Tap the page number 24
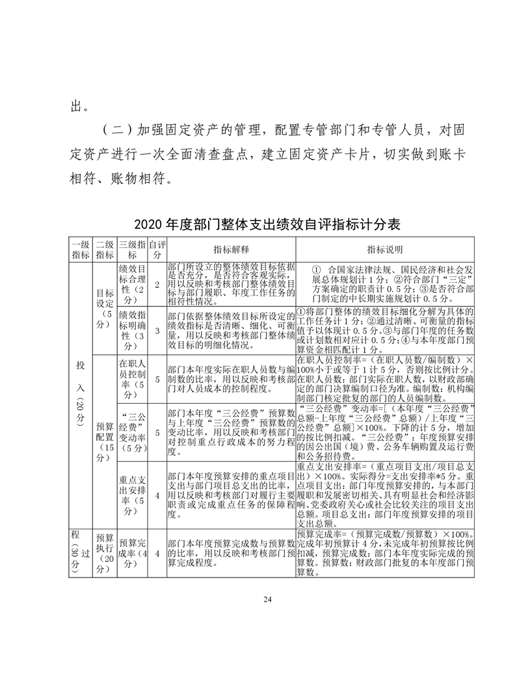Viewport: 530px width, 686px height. (x=265, y=599)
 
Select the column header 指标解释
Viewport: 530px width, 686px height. (x=232, y=250)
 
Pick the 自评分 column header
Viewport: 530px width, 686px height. (x=157, y=250)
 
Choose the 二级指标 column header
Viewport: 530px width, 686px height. (x=104, y=250)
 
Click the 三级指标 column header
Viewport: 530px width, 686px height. (x=132, y=250)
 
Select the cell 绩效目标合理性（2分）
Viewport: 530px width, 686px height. (x=132, y=284)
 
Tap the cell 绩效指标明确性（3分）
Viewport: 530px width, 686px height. (x=132, y=330)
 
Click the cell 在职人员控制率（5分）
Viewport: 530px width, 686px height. (x=132, y=378)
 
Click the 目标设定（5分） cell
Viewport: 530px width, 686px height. (x=104, y=308)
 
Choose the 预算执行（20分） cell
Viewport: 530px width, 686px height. (x=104, y=553)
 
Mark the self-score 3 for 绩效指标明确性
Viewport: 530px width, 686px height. (x=157, y=331)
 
